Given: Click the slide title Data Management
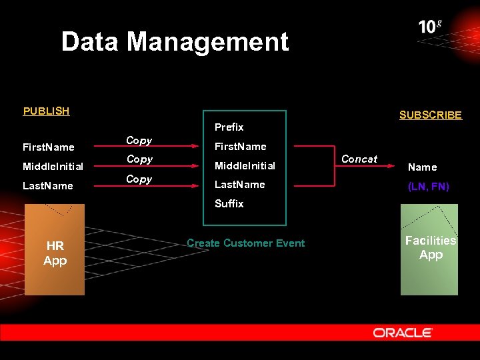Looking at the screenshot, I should [175, 42].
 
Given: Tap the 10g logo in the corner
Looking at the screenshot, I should [430, 27].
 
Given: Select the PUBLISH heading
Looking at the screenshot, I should [46, 111].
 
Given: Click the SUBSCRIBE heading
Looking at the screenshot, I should [430, 115].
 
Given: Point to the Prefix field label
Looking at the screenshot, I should [229, 127].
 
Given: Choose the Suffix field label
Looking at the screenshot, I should [229, 203].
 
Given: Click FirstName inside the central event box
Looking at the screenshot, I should [240, 146].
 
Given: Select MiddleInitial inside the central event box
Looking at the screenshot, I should [245, 165].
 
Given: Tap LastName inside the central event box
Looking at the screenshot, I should [239, 185].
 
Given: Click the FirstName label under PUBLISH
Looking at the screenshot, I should [48, 147].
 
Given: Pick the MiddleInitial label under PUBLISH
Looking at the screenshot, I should [53, 166].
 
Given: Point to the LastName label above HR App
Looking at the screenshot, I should [47, 185].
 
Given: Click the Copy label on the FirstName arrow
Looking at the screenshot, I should [139, 141].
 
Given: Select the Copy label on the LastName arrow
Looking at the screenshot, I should [139, 179].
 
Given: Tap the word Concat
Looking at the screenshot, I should [359, 159].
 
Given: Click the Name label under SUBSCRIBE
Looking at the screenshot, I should [422, 167].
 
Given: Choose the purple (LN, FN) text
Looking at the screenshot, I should [428, 187].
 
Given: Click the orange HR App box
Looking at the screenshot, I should [55, 250].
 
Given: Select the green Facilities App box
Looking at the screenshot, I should [429, 250].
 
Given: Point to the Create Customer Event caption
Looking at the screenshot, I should [245, 243].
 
